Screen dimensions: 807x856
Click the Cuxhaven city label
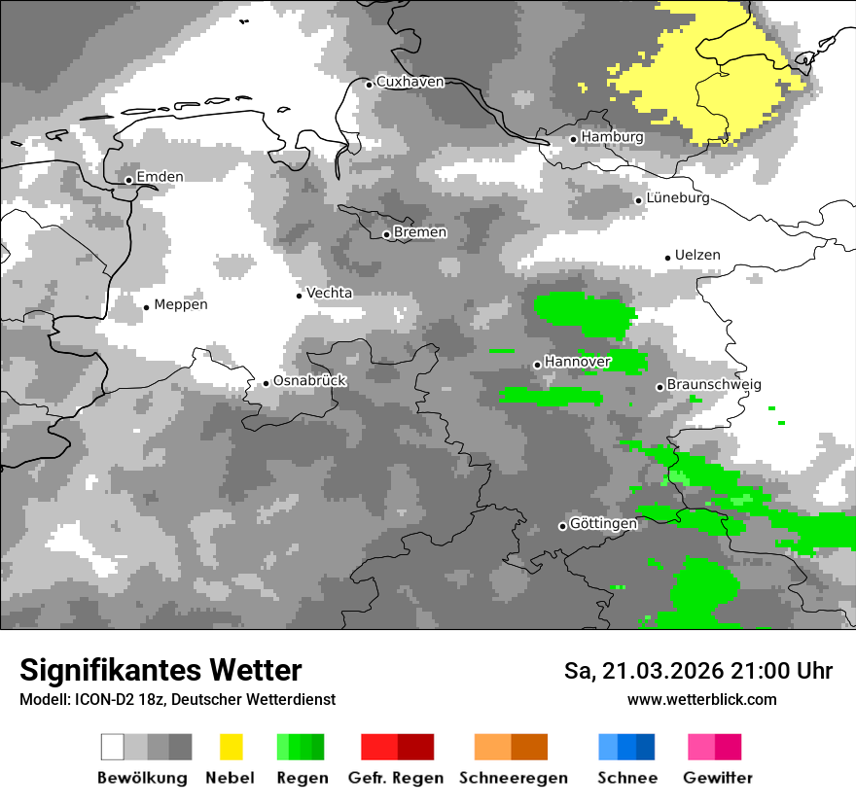(410, 82)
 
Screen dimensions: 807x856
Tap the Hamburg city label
(612, 137)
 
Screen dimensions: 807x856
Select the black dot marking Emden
(128, 180)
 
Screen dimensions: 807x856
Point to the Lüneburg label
(678, 198)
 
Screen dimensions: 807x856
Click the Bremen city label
(420, 232)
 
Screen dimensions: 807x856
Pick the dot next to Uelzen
(667, 258)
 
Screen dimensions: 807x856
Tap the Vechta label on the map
(329, 293)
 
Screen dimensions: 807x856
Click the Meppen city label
(180, 304)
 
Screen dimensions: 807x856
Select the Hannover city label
(577, 362)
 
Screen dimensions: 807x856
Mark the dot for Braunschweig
(660, 387)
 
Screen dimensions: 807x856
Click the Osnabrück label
(309, 381)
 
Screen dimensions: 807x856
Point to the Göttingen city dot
(562, 526)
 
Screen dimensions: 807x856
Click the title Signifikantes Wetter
(160, 671)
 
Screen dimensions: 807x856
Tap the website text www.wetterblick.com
(701, 700)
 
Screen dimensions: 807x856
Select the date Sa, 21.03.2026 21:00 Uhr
(697, 671)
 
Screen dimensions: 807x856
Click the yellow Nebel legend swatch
(231, 747)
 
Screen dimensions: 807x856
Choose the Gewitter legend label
(717, 778)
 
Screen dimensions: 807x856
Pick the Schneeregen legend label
(513, 778)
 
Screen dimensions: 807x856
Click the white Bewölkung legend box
(113, 747)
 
